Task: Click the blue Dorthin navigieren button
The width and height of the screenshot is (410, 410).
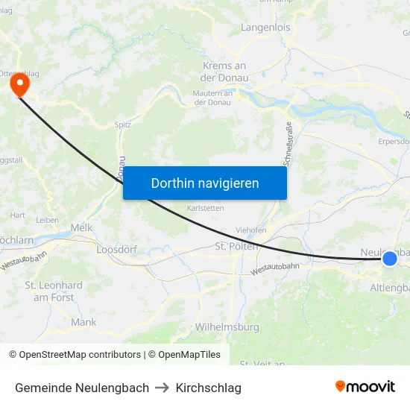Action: (x=204, y=183)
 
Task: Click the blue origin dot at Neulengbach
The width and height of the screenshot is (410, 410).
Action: (x=389, y=259)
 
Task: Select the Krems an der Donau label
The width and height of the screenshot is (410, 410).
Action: (x=224, y=72)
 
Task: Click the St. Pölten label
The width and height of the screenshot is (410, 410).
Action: (x=236, y=246)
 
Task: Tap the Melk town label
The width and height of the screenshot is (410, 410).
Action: (x=81, y=227)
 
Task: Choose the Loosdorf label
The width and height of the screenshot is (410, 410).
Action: (x=117, y=249)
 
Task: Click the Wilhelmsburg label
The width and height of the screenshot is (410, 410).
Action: (x=227, y=327)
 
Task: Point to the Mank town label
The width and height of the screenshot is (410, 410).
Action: (x=83, y=322)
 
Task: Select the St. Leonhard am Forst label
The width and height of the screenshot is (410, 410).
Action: (x=54, y=291)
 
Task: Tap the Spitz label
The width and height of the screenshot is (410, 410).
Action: (x=123, y=124)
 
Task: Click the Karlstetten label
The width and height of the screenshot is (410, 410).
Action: (x=205, y=208)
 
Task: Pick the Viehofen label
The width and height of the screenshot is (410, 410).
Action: (x=250, y=230)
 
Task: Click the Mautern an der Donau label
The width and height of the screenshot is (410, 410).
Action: (x=213, y=97)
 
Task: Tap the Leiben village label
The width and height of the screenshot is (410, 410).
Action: (x=47, y=220)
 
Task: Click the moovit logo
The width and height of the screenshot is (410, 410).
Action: (x=365, y=386)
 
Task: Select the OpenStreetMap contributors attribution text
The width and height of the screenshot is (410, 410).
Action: (x=75, y=355)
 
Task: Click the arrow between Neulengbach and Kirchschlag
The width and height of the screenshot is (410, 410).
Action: (x=163, y=388)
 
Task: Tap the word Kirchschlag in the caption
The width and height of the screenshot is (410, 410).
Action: (x=209, y=388)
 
